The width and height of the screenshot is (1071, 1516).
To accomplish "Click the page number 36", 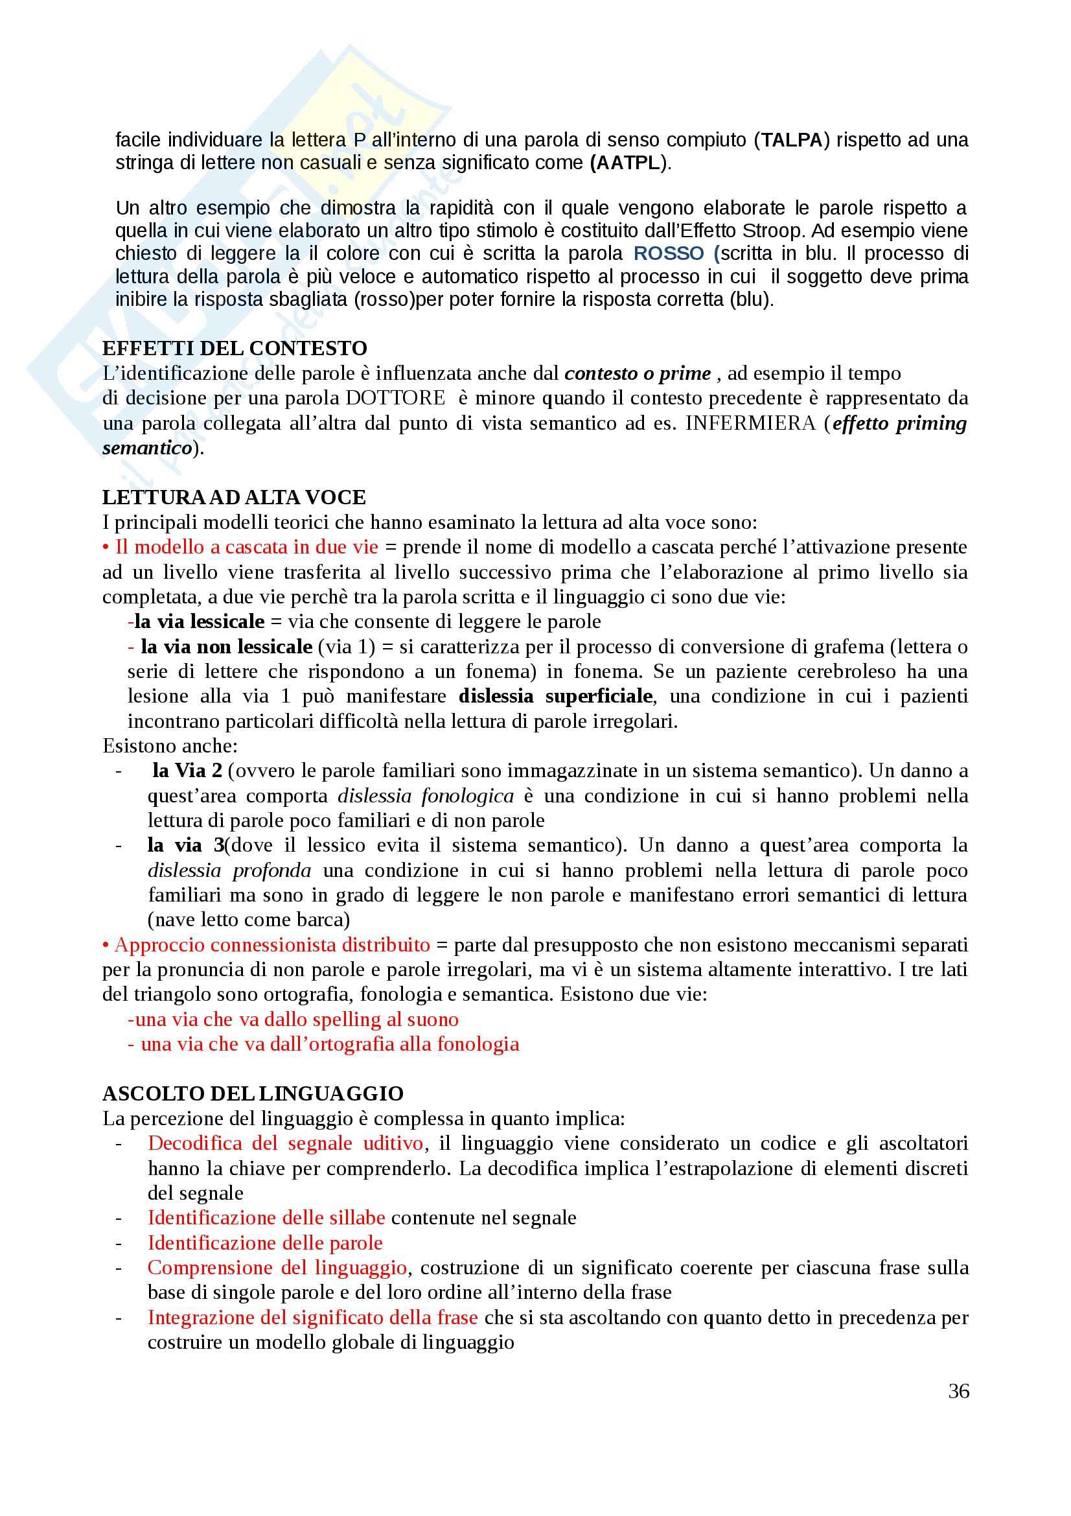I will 958,1390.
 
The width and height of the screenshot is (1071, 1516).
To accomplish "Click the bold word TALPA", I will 792,140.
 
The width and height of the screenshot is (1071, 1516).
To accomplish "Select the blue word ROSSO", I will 669,253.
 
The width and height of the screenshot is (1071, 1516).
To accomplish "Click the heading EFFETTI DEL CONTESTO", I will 235,348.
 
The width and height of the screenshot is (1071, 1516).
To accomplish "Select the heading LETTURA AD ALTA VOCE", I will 235,497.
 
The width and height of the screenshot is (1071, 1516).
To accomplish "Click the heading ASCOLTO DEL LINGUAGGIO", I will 253,1093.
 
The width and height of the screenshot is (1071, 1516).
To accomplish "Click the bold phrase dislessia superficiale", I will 556,696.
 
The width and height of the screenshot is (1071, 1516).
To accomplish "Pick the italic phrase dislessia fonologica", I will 425,796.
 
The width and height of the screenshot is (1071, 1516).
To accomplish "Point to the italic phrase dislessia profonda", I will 229,870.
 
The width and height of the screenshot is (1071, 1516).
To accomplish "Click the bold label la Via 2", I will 187,771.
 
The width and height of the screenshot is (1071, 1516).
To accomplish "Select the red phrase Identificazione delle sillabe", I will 266,1218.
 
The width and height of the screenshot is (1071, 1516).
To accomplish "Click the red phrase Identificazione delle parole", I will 264,1242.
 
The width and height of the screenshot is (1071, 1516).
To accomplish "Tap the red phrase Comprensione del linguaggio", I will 277,1268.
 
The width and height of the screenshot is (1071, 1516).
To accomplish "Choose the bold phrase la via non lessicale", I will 226,646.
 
